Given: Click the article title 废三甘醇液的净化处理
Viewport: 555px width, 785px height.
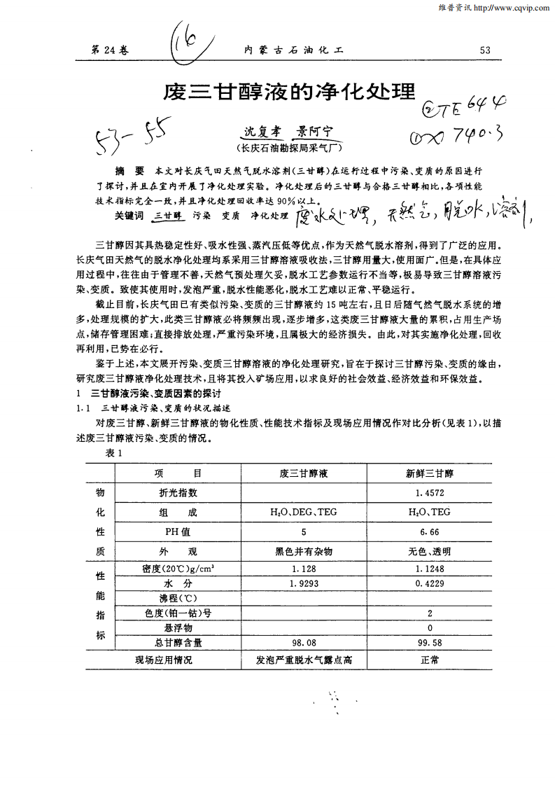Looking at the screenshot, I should coord(289,91).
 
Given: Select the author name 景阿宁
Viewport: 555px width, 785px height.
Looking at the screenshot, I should coord(314,130).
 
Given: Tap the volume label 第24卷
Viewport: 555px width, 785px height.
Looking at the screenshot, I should coord(111,49).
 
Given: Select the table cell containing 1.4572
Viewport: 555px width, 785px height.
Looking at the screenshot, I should coord(429,493).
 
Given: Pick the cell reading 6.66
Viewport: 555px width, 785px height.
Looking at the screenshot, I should coord(429,532).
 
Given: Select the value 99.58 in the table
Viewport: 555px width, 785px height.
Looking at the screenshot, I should coord(429,641).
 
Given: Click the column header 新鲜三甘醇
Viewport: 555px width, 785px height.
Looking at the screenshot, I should coord(429,473).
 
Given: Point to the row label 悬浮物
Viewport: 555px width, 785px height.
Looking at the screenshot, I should coord(178,627).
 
